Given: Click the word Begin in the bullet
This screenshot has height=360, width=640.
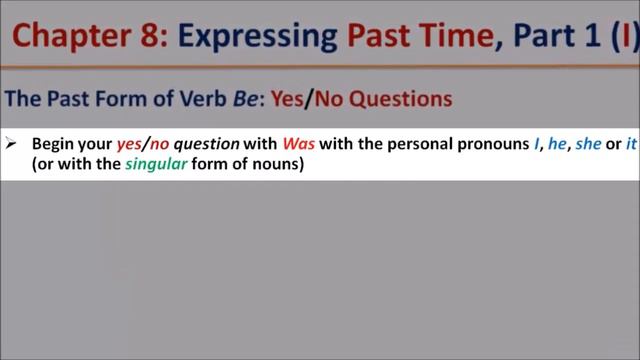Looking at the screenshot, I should click(x=51, y=144).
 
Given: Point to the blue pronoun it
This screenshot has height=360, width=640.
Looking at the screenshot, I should click(x=630, y=144).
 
